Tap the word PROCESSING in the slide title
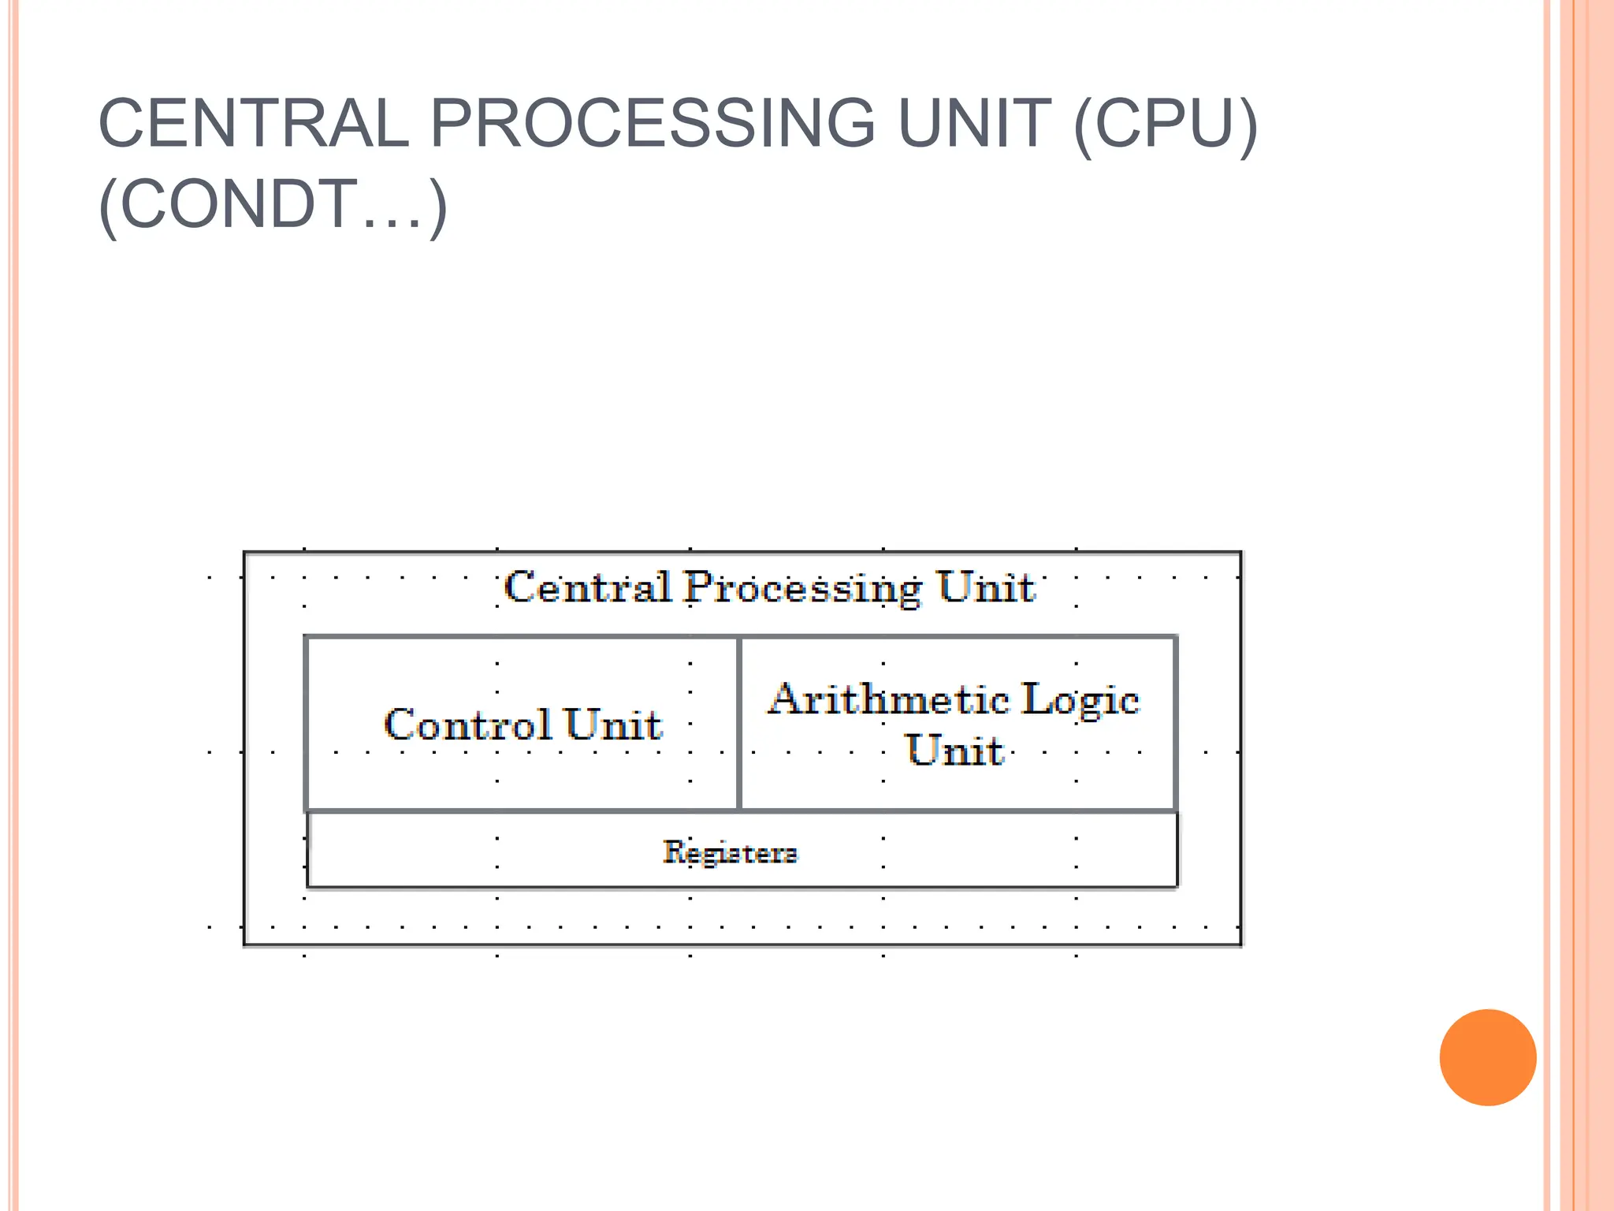(652, 124)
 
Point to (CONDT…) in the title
(273, 205)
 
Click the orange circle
(1487, 1057)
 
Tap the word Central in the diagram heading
(587, 587)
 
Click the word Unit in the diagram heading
(985, 587)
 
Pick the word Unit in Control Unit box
(613, 725)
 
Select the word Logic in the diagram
(1080, 700)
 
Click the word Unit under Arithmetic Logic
(955, 750)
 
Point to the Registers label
(730, 852)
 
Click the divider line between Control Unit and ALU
(739, 723)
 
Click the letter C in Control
(400, 725)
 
